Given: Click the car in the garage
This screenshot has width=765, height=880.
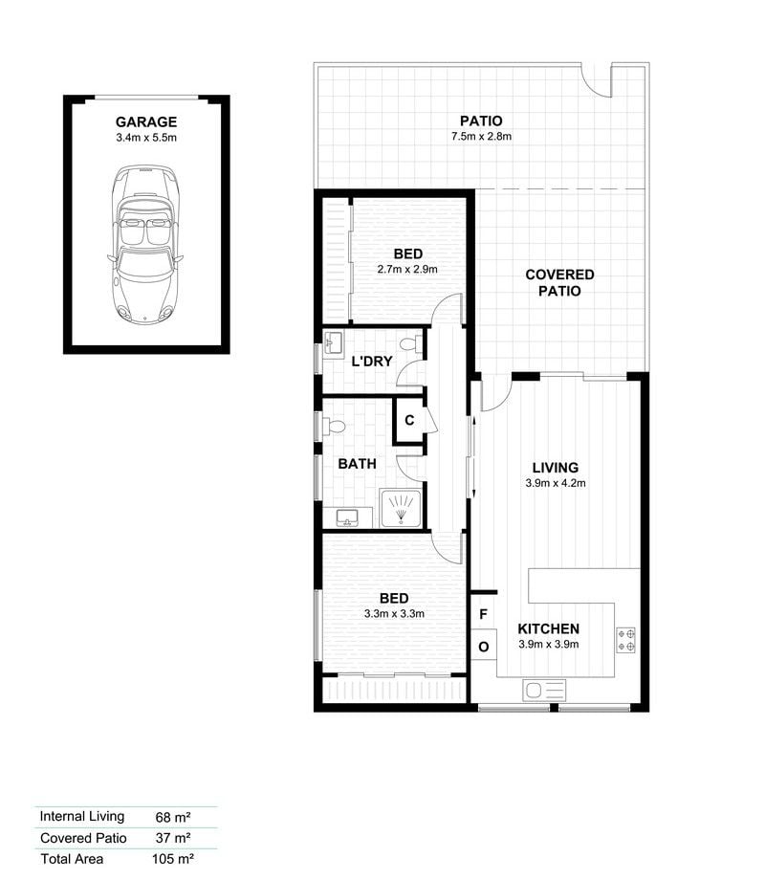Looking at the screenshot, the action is coord(145,244).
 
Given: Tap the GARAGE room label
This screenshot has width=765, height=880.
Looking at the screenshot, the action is coord(146,121).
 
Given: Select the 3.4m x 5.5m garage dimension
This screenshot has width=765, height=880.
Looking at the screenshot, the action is coord(146,138).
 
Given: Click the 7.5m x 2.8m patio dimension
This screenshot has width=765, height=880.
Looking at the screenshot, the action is coord(481,136).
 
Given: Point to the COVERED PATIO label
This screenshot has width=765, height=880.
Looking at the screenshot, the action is coord(559,282).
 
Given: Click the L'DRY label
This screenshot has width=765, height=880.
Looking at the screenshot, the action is coord(372,361).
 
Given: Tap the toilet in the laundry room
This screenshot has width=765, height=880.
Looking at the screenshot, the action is coord(411,344).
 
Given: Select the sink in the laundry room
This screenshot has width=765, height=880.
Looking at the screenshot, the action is coord(334,342).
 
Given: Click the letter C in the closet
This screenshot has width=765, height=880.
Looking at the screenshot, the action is coord(409,420).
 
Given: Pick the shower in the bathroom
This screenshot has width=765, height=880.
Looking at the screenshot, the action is coord(400,509).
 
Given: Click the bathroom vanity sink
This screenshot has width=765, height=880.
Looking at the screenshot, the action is coord(348,517).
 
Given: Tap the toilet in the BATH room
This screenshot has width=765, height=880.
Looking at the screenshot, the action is coord(334,427).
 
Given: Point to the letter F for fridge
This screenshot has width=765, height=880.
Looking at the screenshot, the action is coord(483,614).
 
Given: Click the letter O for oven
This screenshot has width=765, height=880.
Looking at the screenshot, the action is coord(483,648).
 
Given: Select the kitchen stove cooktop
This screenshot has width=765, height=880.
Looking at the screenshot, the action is coord(626,640).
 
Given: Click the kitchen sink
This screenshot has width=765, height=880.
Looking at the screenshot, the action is coord(544,690).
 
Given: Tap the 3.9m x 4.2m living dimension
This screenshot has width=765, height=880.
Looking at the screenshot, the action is coord(556,483).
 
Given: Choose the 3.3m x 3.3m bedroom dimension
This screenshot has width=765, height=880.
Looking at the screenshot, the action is coord(394,613).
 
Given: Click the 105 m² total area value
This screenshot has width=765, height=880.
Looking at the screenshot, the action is coord(173,859).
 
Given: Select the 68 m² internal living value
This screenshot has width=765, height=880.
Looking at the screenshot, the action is coord(173,817).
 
